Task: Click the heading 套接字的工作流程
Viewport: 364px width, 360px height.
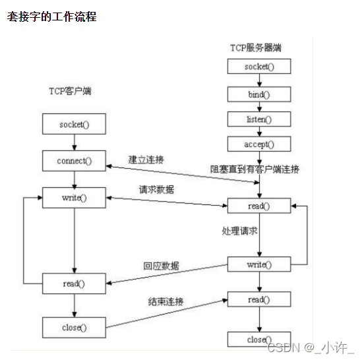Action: [x=52, y=17]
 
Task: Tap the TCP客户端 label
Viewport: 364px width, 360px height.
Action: [x=70, y=91]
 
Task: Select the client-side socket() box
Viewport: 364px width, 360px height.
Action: [x=73, y=123]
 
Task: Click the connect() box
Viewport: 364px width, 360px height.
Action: [x=73, y=160]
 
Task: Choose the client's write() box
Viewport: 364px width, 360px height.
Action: [x=73, y=197]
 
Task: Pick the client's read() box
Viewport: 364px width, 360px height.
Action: [x=73, y=284]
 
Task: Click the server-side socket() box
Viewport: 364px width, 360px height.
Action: [x=258, y=67]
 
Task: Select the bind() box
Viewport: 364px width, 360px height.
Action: [x=258, y=94]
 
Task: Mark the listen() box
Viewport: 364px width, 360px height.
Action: [x=258, y=119]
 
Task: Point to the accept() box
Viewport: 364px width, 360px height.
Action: [x=258, y=144]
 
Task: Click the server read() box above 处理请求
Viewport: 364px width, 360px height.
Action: [x=258, y=206]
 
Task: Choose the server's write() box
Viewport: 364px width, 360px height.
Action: [x=258, y=264]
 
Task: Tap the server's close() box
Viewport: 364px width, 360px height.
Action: [x=258, y=340]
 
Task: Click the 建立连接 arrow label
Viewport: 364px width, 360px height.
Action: [x=146, y=160]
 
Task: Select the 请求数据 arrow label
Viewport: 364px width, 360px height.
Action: [x=156, y=190]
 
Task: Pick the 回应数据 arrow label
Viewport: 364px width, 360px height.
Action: [x=161, y=266]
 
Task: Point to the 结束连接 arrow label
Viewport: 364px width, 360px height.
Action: [x=166, y=302]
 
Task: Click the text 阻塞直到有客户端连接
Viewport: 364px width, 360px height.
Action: [x=255, y=170]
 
